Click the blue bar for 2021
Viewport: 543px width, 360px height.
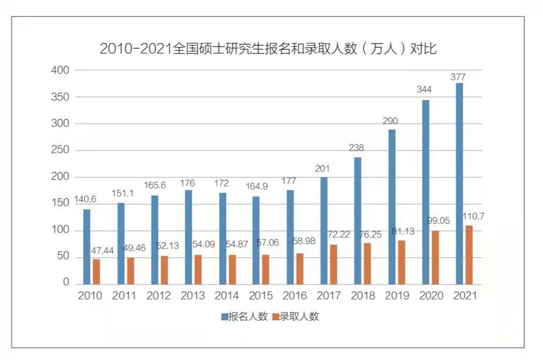click(x=459, y=184)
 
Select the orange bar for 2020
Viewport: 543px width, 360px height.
click(x=435, y=258)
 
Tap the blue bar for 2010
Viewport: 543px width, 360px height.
click(x=87, y=247)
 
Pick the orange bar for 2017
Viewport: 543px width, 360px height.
click(x=334, y=265)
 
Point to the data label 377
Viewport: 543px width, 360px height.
click(x=458, y=77)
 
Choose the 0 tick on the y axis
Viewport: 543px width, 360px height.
click(x=66, y=283)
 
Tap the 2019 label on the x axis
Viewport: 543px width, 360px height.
click(x=396, y=296)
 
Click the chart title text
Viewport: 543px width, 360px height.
click(x=268, y=49)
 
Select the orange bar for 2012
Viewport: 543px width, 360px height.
click(x=164, y=270)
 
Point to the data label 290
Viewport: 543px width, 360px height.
click(x=390, y=121)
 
